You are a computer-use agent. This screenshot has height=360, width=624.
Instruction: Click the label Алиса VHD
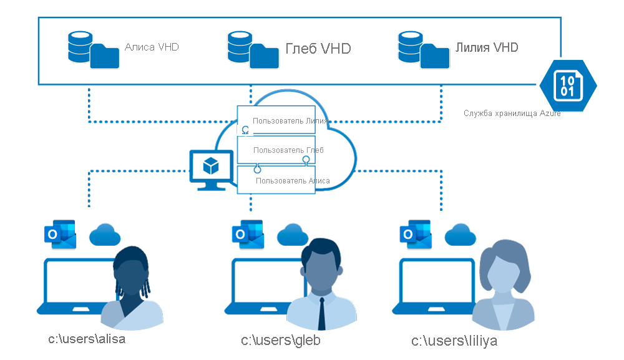[152, 47]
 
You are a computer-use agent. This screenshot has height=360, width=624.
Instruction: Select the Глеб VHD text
[318, 49]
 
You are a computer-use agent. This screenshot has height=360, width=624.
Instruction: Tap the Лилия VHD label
[486, 47]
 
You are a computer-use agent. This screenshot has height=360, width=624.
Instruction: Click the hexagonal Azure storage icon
[568, 85]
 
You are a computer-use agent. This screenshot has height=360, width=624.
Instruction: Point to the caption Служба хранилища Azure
[512, 114]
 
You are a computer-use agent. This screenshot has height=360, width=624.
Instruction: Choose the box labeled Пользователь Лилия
[276, 120]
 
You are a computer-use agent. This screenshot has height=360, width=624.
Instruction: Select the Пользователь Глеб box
[276, 150]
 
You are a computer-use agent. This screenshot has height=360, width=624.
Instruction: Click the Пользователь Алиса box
[276, 180]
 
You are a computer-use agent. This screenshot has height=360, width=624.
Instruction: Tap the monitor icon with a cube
[212, 170]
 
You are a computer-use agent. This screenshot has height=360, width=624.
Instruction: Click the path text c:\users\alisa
[87, 339]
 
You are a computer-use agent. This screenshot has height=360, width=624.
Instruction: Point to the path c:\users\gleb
[281, 341]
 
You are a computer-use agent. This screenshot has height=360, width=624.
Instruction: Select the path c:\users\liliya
[454, 341]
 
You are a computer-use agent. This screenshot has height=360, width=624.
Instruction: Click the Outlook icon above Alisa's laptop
[60, 235]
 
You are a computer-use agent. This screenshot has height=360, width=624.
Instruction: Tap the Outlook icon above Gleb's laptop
[248, 235]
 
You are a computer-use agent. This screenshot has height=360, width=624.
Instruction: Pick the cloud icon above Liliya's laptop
[460, 235]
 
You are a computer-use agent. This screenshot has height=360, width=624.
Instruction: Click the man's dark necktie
[321, 313]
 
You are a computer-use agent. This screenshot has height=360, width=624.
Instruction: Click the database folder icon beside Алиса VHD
[94, 50]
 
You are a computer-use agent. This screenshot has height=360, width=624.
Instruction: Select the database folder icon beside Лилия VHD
[424, 50]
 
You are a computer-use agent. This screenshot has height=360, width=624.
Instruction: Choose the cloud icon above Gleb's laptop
[293, 235]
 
